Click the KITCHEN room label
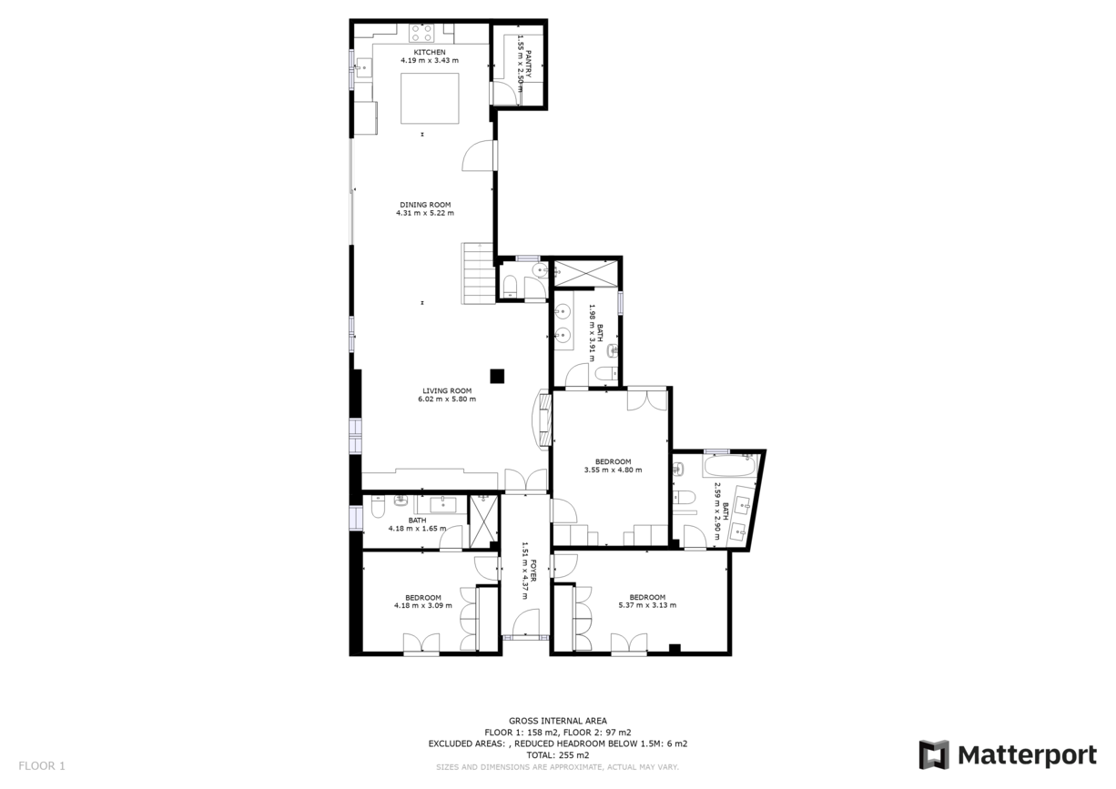430,53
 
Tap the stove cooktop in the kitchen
421,33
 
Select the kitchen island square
430,98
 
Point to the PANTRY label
528,65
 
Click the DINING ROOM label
425,205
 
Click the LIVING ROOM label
447,390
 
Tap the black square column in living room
497,375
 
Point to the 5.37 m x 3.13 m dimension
647,605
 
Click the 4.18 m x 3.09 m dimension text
423,605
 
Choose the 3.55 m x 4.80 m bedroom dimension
613,470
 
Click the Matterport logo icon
933,754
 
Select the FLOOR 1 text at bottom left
42,766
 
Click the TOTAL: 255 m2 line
558,755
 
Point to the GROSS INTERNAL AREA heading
558,721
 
